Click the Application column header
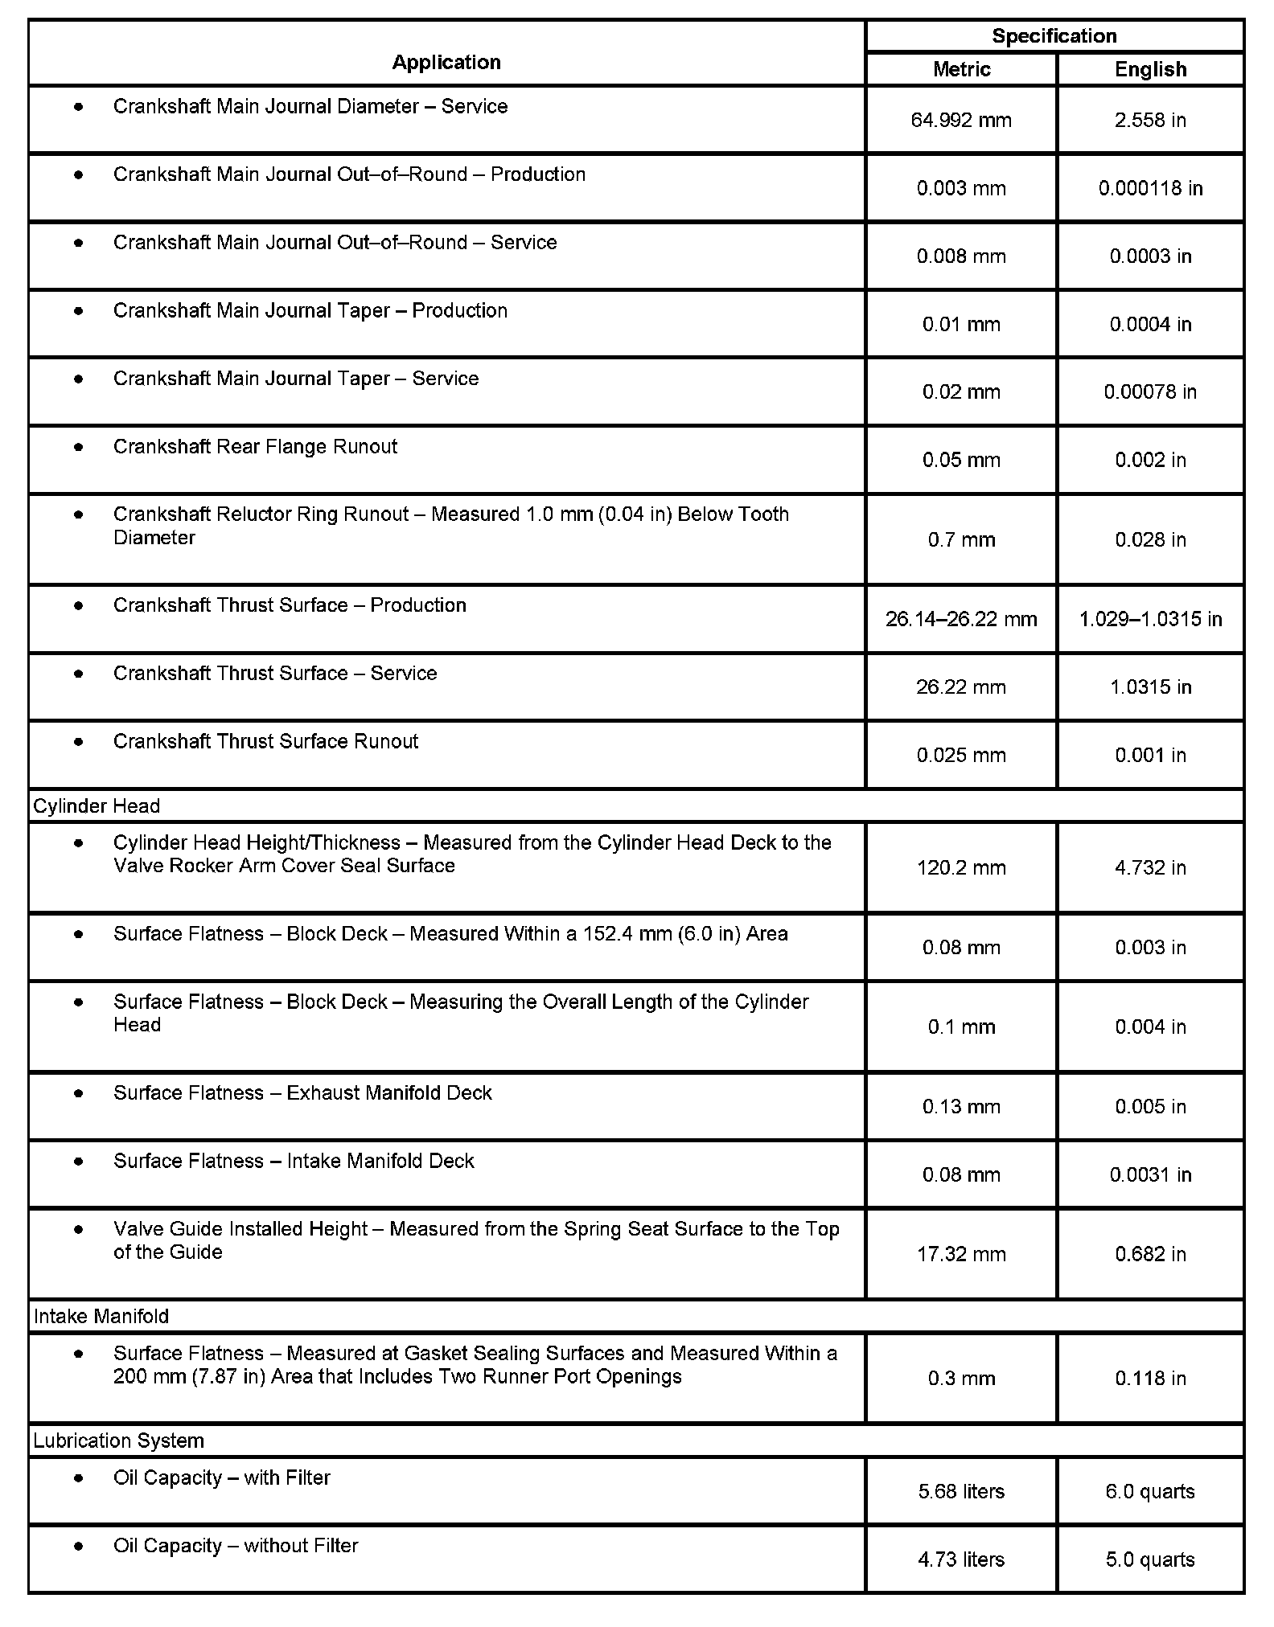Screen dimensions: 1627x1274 coord(446,62)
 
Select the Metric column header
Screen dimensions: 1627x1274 coord(961,69)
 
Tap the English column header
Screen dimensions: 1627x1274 coord(1150,69)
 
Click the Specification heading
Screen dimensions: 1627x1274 coord(1054,36)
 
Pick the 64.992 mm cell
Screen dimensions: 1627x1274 coord(961,121)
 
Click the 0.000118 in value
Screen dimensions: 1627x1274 coord(1150,188)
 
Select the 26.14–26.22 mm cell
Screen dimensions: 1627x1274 coord(961,619)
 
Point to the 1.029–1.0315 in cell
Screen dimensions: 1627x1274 coord(1150,619)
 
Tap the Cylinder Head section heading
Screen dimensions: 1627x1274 coord(97,806)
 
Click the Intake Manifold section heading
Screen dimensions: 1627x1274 coord(101,1317)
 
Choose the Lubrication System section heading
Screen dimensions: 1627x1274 coord(119,1441)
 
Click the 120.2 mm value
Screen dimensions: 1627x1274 coord(961,868)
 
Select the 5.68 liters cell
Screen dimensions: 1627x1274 coord(961,1492)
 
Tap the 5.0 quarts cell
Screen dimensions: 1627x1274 coord(1150,1559)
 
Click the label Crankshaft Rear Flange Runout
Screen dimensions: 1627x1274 coord(255,447)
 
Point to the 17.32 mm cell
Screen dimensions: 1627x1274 coord(961,1254)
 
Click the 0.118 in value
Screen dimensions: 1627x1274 coord(1150,1379)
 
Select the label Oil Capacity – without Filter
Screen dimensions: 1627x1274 coord(236,1546)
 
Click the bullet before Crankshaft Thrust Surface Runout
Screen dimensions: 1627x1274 coord(78,741)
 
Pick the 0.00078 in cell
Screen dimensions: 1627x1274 coord(1150,392)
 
